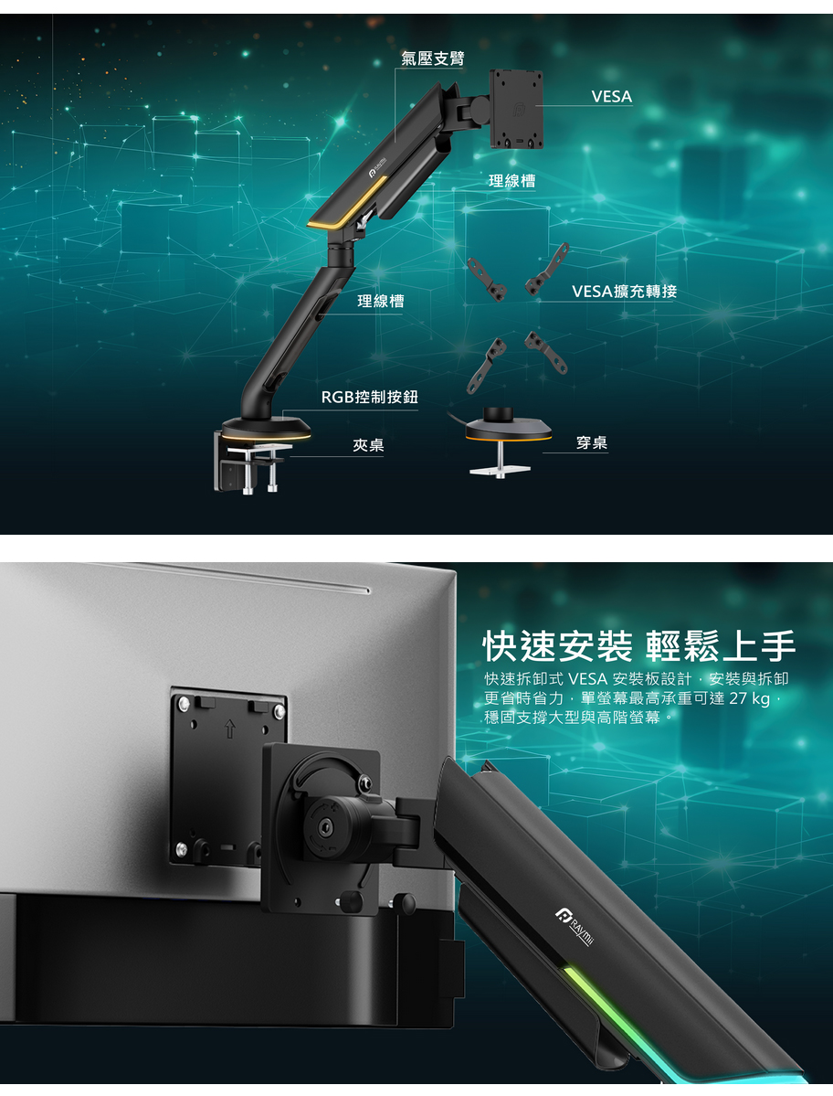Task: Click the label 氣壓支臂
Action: point(433,58)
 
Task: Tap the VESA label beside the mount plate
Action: point(612,97)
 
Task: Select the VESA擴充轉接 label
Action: point(624,291)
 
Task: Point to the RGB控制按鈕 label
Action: point(369,397)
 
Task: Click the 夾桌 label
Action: point(368,445)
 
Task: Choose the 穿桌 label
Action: point(591,442)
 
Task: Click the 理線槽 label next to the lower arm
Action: point(381,302)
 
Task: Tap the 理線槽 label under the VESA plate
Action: point(511,181)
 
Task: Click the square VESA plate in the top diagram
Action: point(517,109)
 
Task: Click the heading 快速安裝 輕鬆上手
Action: point(638,645)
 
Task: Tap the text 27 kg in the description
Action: point(749,698)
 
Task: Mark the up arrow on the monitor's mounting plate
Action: point(230,729)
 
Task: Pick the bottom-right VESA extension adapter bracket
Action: point(546,352)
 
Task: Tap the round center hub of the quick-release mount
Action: point(326,827)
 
